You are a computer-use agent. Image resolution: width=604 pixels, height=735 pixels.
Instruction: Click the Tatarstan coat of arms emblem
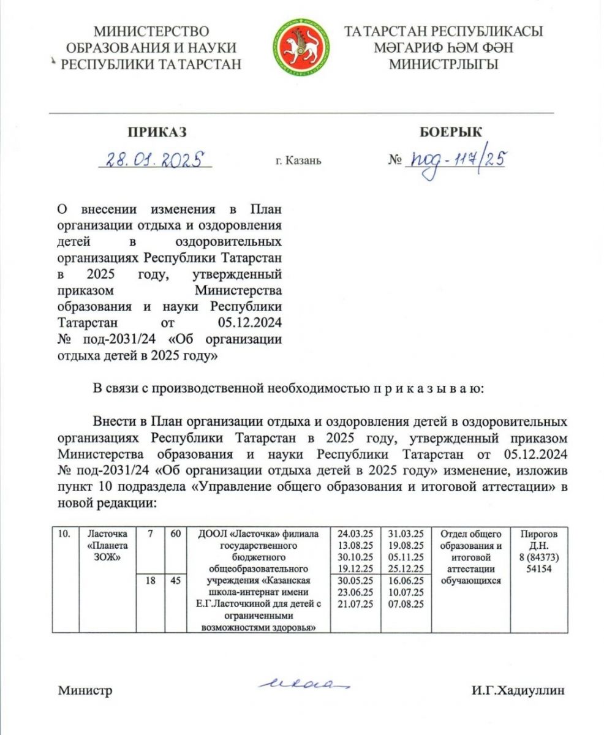pyautogui.click(x=301, y=47)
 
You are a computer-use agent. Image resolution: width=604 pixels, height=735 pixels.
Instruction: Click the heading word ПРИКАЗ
pyautogui.click(x=157, y=132)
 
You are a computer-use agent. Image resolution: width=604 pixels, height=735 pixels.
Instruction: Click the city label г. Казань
pyautogui.click(x=298, y=161)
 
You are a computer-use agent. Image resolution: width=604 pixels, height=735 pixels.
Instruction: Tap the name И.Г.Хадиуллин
pyautogui.click(x=518, y=691)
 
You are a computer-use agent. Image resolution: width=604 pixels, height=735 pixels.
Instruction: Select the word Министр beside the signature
pyautogui.click(x=85, y=691)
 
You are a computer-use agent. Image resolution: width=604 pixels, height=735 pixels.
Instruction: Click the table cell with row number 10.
pyautogui.click(x=64, y=534)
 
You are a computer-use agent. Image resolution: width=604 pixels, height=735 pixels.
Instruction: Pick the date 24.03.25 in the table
pyautogui.click(x=355, y=534)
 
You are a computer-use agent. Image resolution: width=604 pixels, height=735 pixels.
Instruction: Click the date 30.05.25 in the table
pyautogui.click(x=355, y=581)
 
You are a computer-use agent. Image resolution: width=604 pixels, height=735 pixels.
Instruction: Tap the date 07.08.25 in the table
pyautogui.click(x=407, y=604)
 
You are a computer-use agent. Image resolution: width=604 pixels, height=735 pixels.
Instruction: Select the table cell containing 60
pyautogui.click(x=175, y=534)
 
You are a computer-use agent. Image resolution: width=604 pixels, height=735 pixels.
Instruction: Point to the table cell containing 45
pyautogui.click(x=175, y=581)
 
